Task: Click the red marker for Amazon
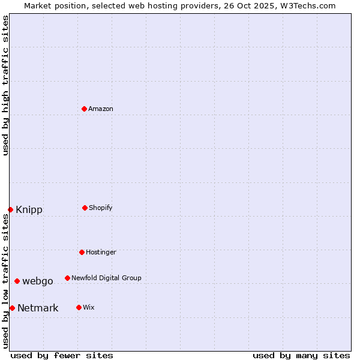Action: coord(84,109)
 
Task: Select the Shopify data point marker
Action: coord(85,208)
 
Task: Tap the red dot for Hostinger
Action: coord(82,252)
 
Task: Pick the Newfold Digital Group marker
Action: coord(67,278)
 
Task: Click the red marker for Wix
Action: coord(79,307)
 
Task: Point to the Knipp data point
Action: coord(11,209)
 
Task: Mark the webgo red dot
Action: coord(17,281)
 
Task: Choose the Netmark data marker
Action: coord(12,308)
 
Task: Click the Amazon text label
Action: coord(101,109)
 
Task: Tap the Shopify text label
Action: coord(101,208)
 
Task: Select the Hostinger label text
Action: coord(101,252)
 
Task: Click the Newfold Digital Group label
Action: coord(107,278)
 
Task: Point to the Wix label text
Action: coord(89,307)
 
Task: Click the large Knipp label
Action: coord(29,210)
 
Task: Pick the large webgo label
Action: coord(38,281)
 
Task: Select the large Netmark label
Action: coord(38,308)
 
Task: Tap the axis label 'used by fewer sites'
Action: coord(62,355)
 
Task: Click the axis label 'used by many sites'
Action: coord(301,355)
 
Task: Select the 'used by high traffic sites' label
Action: coord(5,85)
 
